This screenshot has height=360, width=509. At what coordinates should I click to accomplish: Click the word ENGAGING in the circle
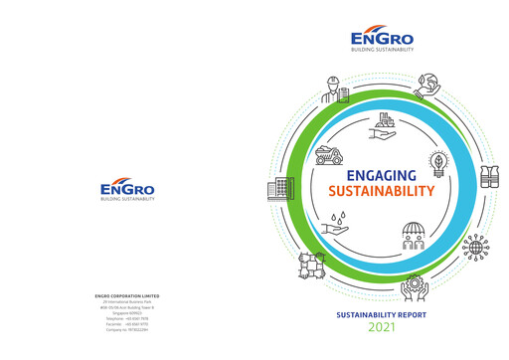382,175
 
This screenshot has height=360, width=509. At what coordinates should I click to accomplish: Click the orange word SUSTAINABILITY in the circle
382,191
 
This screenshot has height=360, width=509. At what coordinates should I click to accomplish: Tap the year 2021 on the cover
381,326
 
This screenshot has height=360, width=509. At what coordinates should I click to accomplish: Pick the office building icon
279,189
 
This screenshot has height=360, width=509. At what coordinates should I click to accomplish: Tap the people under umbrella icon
415,236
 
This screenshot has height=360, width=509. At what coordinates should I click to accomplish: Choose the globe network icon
475,249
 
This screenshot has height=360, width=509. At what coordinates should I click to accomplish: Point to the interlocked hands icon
311,265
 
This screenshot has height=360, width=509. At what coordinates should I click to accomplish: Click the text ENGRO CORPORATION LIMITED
127,295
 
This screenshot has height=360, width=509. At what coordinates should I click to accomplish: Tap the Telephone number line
127,318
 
